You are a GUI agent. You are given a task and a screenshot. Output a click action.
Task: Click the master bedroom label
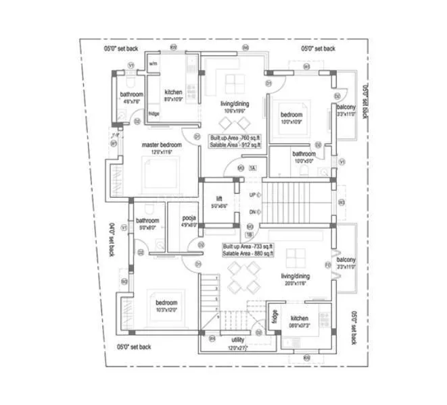162,145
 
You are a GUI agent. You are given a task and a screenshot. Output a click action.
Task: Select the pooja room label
189,219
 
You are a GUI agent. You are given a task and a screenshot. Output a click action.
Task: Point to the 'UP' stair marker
252,194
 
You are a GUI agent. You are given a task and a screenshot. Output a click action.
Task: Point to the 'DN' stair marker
252,211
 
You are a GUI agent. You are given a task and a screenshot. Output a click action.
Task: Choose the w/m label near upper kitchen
153,64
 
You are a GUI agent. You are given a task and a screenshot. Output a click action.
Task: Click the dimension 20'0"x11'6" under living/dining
296,283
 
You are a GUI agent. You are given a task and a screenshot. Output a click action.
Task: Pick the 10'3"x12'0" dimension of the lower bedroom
166,310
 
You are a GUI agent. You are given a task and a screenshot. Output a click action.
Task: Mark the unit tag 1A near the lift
252,167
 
